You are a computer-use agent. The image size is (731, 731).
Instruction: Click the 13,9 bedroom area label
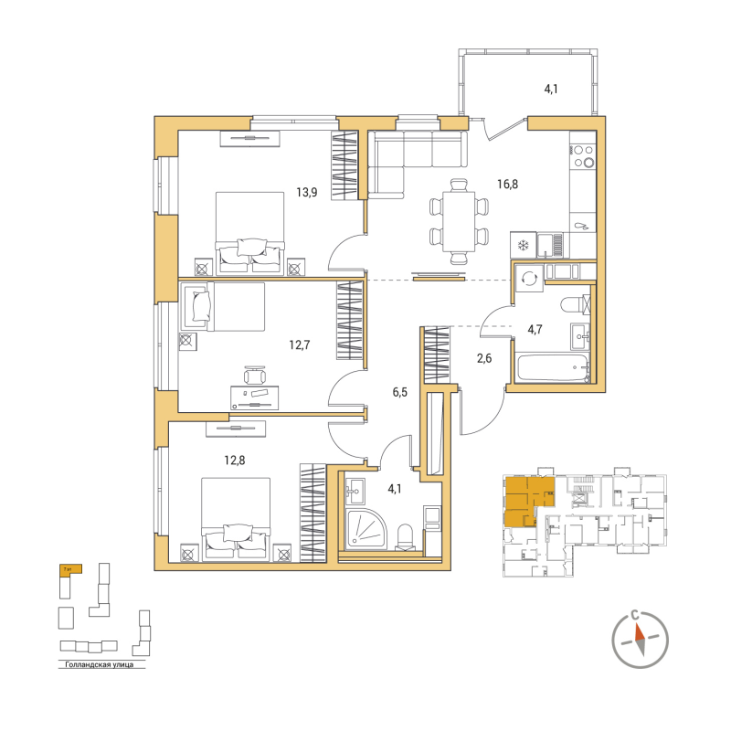coord(306,192)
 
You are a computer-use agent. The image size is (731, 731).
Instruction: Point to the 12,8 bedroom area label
coord(235,460)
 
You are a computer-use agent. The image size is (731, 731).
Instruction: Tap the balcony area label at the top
coord(551,90)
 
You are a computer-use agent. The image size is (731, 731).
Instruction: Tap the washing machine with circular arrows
coord(527,279)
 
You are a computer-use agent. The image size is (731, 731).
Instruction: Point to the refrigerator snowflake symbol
coord(524,245)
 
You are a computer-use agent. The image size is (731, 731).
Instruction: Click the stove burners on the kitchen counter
coord(583,157)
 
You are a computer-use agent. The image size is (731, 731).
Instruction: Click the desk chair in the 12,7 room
coord(256,375)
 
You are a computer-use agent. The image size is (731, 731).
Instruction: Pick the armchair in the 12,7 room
coord(197,305)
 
